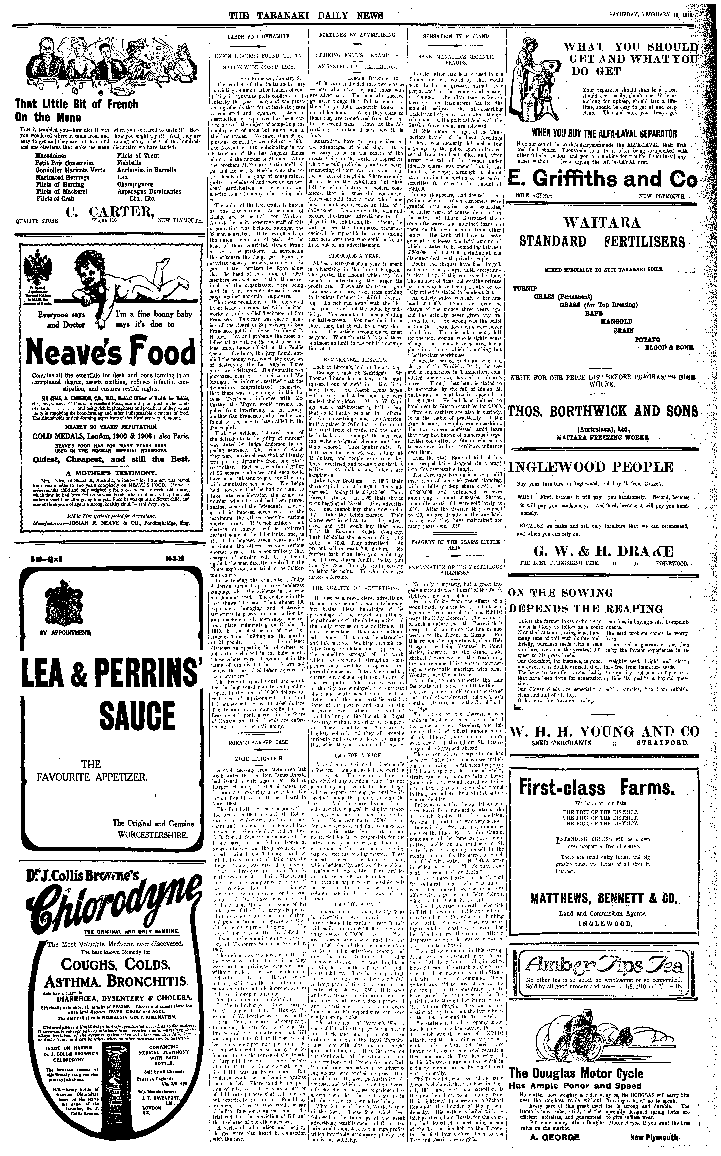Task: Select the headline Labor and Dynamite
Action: pyautogui.click(x=258, y=36)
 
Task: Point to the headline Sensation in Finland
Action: pyautogui.click(x=456, y=36)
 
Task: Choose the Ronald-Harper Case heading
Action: pyautogui.click(x=258, y=742)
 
